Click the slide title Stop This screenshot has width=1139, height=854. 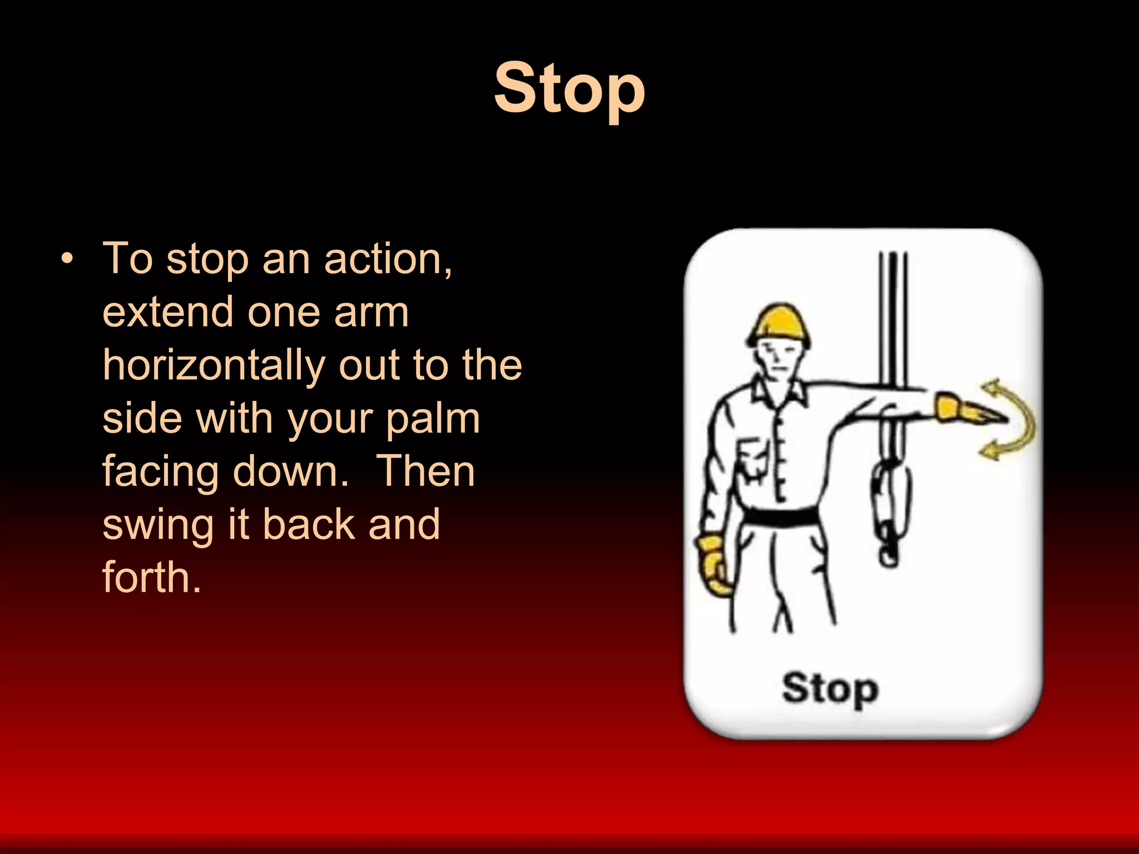pyautogui.click(x=569, y=89)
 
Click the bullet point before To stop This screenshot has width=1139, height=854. pyautogui.click(x=67, y=259)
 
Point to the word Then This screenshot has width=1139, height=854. pyautogui.click(x=425, y=471)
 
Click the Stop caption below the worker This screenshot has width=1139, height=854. pyautogui.click(x=830, y=689)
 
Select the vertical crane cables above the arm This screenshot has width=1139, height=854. pyautogui.click(x=893, y=317)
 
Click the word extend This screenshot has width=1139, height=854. pyautogui.click(x=167, y=312)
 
